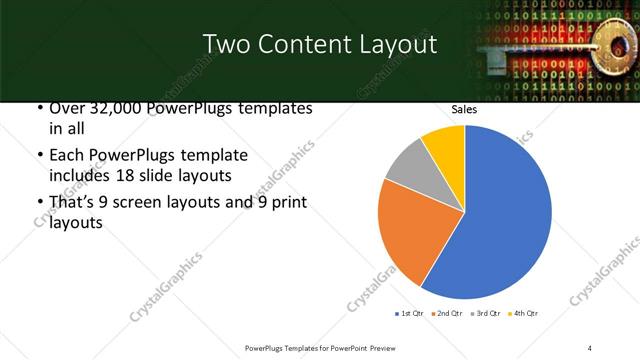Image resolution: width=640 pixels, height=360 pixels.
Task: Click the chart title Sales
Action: pos(463,110)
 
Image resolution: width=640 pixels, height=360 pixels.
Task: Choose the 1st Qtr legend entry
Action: pos(410,314)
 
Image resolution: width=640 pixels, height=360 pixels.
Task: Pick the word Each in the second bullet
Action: pos(65,156)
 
